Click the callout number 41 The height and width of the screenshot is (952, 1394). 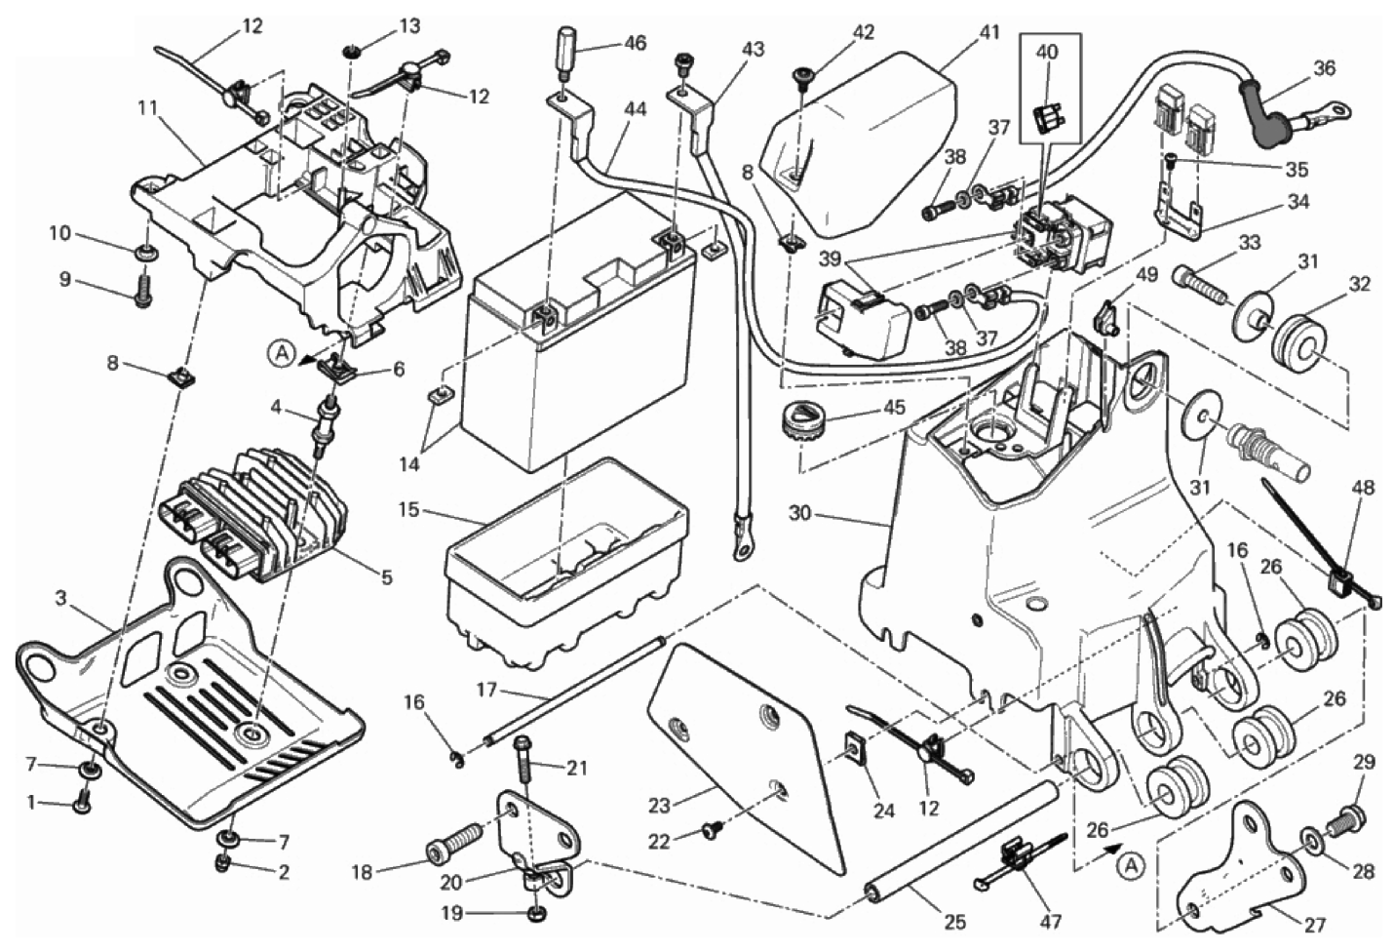tap(989, 32)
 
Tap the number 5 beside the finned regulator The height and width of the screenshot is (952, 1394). tap(387, 577)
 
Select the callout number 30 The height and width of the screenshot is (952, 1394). tap(799, 513)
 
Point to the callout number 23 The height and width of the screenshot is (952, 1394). tap(660, 806)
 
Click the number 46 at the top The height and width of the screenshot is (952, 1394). tap(635, 43)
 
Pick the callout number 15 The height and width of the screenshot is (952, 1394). tap(409, 510)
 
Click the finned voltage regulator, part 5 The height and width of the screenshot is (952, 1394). tap(263, 507)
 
